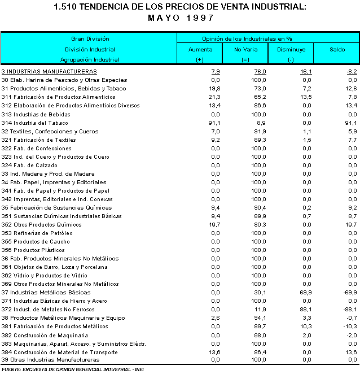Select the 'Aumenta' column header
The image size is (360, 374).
[x=200, y=49]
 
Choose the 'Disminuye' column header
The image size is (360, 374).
[x=291, y=49]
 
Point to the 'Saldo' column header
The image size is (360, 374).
[x=337, y=49]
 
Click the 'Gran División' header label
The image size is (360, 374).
[x=90, y=38]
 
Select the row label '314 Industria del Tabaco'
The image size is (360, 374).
[x=34, y=123]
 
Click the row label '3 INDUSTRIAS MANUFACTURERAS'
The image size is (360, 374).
[x=49, y=72]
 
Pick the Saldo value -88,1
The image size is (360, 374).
[x=350, y=309]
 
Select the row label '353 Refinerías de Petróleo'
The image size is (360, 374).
[x=37, y=233]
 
